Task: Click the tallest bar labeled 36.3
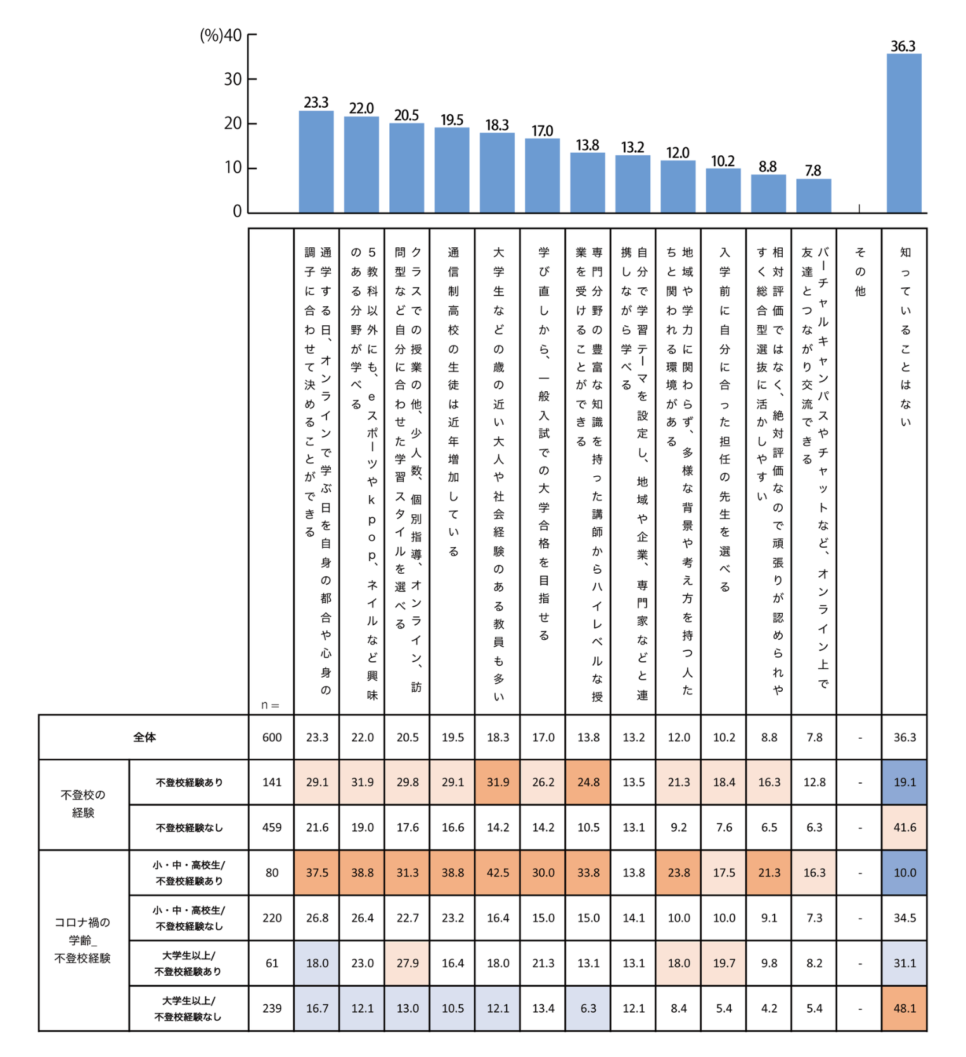[x=903, y=133]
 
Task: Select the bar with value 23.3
[x=316, y=162]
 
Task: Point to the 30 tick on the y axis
[x=233, y=79]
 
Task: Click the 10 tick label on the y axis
[x=233, y=167]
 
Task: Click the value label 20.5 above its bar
[x=406, y=115]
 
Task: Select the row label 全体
[x=145, y=737]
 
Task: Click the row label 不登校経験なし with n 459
[x=189, y=827]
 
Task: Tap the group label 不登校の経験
[x=83, y=803]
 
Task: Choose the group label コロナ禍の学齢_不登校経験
[x=83, y=940]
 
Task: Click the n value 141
[x=272, y=782]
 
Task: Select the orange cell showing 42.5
[x=498, y=872]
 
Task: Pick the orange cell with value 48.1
[x=905, y=1008]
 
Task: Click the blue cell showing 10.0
[x=905, y=872]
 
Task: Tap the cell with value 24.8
[x=588, y=782]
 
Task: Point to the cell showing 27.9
[x=408, y=963]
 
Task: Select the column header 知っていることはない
[x=905, y=336]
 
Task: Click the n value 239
[x=272, y=1008]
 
